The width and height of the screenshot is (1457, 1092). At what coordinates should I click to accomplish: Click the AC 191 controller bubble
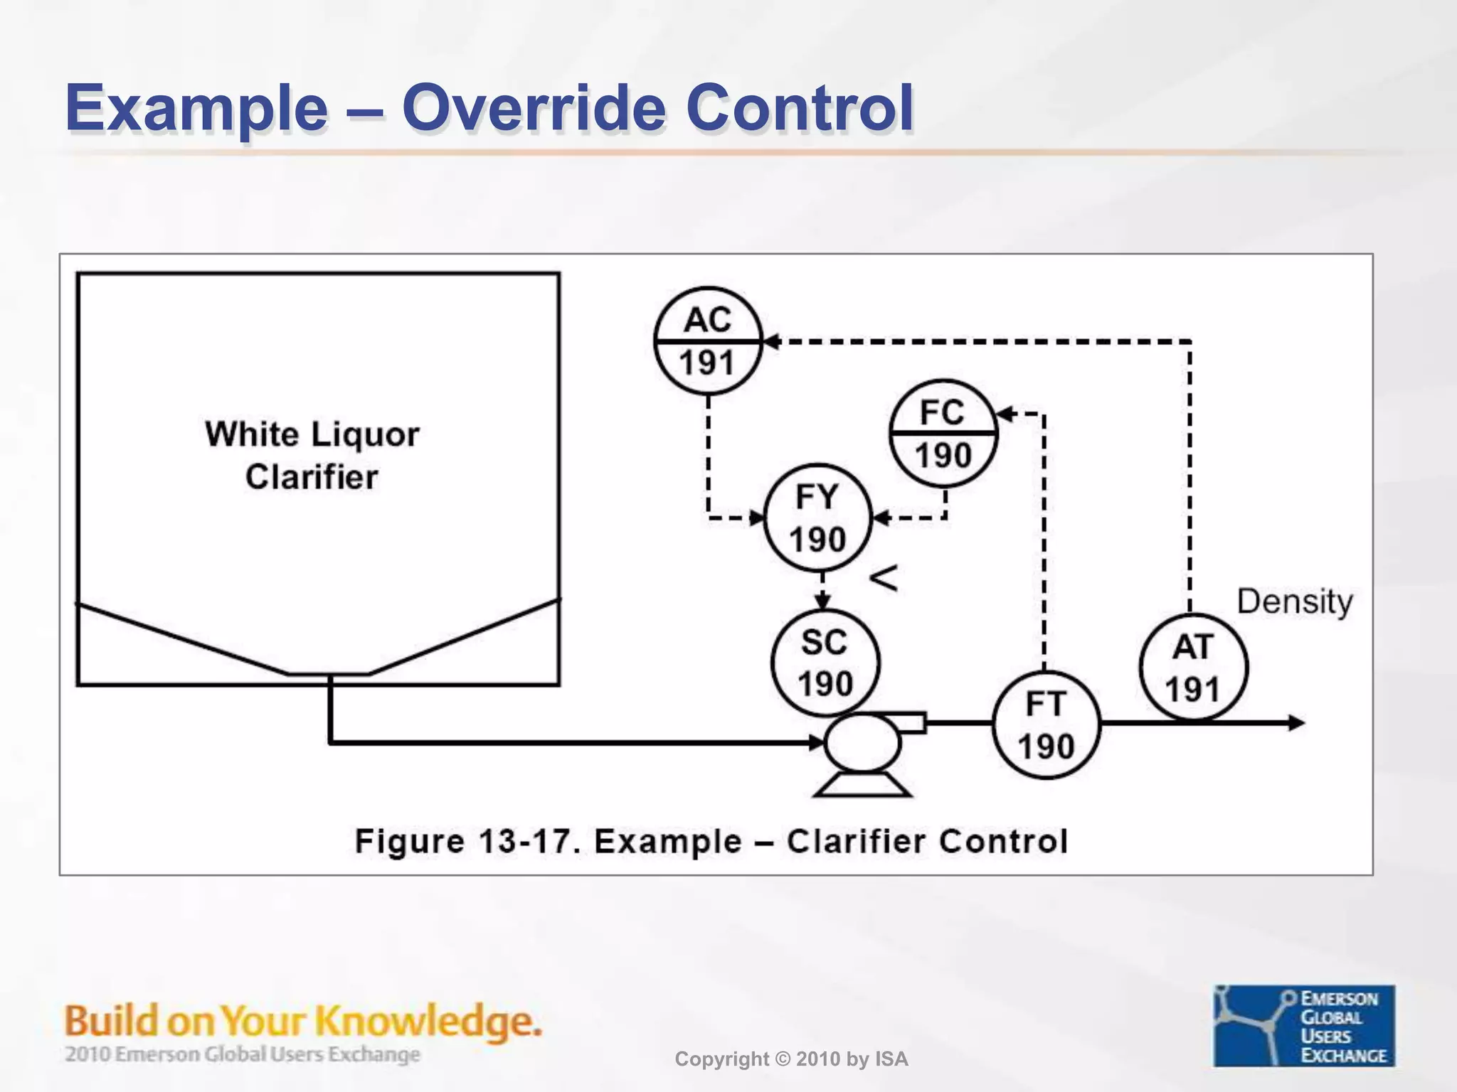(x=708, y=341)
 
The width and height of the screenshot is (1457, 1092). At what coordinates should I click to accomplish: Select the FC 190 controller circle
(x=943, y=433)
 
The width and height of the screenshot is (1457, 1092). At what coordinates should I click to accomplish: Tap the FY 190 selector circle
(x=817, y=518)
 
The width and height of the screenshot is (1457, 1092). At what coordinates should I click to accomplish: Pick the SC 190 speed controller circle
(x=825, y=663)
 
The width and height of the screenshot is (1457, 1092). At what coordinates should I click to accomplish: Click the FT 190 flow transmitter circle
(x=1045, y=725)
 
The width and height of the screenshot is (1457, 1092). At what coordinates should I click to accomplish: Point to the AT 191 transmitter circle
(x=1193, y=668)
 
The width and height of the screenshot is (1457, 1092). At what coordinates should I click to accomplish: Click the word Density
(x=1294, y=601)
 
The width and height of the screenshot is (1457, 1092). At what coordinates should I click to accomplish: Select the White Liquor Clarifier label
(x=312, y=455)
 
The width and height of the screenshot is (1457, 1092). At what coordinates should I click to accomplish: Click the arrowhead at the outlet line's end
(x=1297, y=723)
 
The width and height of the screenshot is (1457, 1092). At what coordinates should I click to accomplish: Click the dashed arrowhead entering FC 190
(x=1005, y=413)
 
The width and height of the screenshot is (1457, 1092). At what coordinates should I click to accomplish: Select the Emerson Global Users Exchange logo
(x=1303, y=1025)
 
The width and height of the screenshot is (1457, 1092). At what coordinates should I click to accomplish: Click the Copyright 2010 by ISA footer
(x=791, y=1059)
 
